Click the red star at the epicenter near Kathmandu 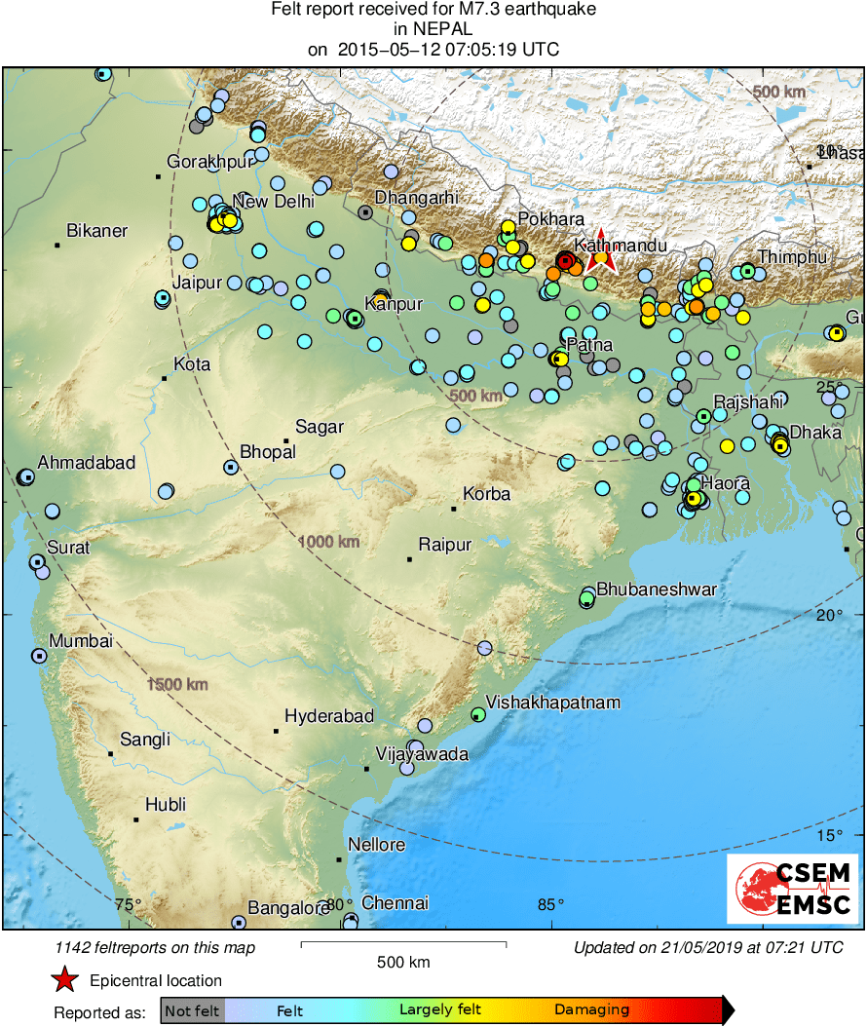(601, 252)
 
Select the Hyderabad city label (329, 716)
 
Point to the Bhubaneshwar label (656, 590)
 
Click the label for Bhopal (267, 451)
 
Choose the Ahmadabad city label (87, 463)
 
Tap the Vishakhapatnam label (552, 702)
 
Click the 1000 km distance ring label (329, 541)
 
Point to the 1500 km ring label (178, 684)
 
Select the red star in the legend (65, 980)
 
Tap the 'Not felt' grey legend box (192, 1010)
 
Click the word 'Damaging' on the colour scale (591, 1010)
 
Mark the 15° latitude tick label (829, 835)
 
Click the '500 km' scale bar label (403, 962)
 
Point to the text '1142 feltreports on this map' (156, 947)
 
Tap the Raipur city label (444, 544)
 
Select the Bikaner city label (96, 231)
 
